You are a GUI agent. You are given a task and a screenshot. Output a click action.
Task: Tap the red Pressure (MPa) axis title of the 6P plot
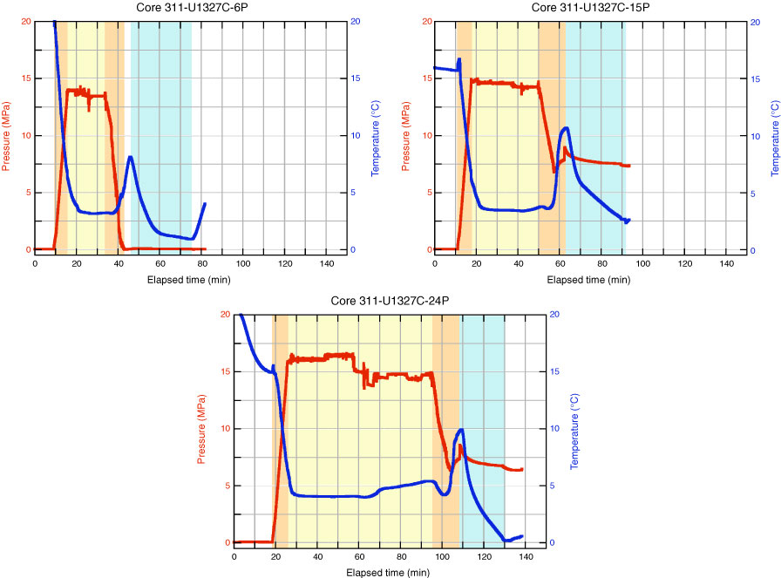8,134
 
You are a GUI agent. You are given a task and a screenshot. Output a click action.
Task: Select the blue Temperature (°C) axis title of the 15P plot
774,134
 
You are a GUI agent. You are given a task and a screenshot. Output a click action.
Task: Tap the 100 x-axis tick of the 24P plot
442,556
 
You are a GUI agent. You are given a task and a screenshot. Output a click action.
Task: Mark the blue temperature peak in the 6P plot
130,157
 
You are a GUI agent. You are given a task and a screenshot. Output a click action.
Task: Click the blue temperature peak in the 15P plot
567,128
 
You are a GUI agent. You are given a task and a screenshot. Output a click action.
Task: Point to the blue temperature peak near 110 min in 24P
460,429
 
